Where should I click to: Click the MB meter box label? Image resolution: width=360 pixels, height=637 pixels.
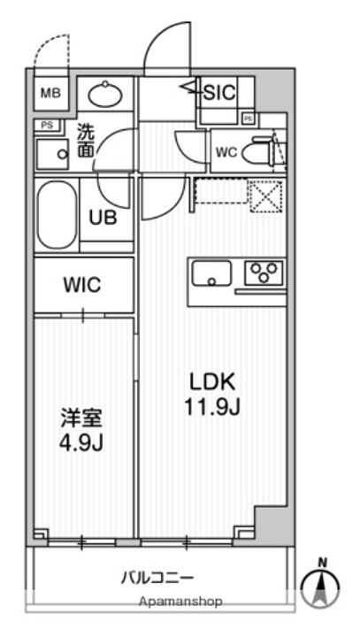tap(50, 93)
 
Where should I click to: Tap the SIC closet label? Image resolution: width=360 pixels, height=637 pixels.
tap(219, 93)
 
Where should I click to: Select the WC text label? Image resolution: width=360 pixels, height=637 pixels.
tap(226, 153)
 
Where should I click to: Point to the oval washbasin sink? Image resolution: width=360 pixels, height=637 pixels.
tap(105, 95)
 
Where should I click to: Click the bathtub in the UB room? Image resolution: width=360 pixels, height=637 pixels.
tap(57, 215)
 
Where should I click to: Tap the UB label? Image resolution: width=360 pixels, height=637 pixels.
tap(103, 219)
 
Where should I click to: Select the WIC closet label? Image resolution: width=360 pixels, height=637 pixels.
tap(82, 284)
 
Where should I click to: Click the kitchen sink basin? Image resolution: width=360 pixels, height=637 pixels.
tap(211, 273)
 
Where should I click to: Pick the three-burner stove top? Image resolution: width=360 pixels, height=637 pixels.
tap(264, 272)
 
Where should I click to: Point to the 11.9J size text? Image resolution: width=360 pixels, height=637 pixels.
tap(213, 407)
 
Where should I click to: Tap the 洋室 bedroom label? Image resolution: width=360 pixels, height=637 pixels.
tap(81, 418)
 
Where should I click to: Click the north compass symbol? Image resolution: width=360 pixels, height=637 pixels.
tap(322, 584)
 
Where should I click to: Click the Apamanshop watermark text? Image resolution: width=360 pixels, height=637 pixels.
tap(180, 602)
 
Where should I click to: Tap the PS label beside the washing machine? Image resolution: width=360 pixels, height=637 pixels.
tap(48, 126)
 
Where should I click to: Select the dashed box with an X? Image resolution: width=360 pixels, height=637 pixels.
tap(265, 196)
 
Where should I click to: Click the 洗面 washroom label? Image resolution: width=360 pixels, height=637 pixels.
tap(86, 141)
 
